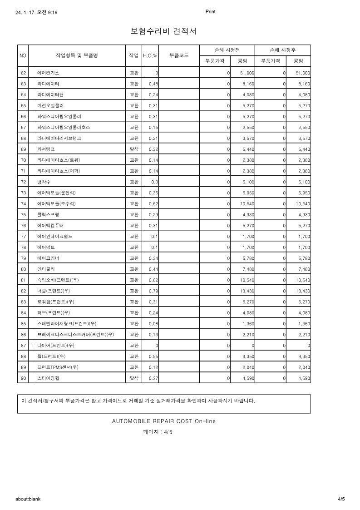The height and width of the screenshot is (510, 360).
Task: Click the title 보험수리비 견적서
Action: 163,31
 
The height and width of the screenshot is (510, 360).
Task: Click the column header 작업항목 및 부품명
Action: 77,55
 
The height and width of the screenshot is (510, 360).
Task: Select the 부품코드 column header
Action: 179,55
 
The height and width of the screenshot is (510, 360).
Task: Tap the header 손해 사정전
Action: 227,50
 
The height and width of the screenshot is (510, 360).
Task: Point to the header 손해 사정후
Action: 282,50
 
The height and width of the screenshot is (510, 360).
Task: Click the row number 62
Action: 23,73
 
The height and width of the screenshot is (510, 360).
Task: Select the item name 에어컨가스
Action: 48,73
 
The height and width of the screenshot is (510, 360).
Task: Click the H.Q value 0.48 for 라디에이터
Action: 153,84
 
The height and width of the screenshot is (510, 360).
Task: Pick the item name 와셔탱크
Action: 46,149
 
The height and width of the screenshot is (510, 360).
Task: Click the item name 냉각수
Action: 44,182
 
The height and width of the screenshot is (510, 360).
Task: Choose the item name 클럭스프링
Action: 48,214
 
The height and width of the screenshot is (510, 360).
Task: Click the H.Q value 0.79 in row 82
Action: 153,291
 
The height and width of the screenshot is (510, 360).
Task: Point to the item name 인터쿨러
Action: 46,269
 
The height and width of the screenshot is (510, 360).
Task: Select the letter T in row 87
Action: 33,346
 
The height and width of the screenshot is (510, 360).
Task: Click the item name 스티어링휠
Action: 48,378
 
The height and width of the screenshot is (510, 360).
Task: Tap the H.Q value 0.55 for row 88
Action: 153,357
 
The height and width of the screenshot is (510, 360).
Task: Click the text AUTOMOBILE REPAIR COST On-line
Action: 163,421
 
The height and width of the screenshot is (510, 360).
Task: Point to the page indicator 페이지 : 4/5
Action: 158,432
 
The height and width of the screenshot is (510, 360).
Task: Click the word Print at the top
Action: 210,12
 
